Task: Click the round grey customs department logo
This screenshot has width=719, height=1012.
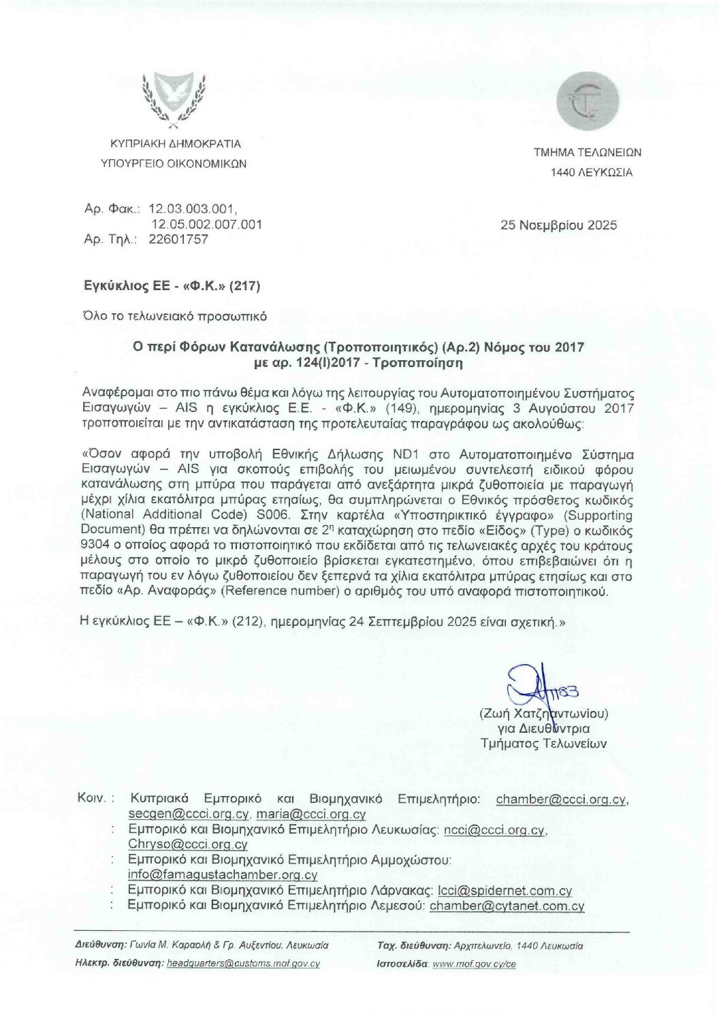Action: pyautogui.click(x=588, y=102)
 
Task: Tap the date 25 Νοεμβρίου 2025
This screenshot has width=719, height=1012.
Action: pyautogui.click(x=559, y=225)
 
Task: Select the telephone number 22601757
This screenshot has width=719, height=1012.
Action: pyautogui.click(x=178, y=239)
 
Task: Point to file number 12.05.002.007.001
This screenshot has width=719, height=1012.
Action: pyautogui.click(x=206, y=224)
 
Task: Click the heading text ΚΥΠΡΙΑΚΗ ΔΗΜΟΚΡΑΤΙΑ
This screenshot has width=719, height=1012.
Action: pyautogui.click(x=176, y=144)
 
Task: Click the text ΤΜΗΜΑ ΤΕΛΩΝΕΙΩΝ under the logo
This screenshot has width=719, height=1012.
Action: pyautogui.click(x=587, y=153)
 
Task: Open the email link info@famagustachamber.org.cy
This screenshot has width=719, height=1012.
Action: pyautogui.click(x=222, y=875)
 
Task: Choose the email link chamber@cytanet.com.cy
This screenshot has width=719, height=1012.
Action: pyautogui.click(x=507, y=906)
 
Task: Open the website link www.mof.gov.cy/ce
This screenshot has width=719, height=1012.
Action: pyautogui.click(x=474, y=964)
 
